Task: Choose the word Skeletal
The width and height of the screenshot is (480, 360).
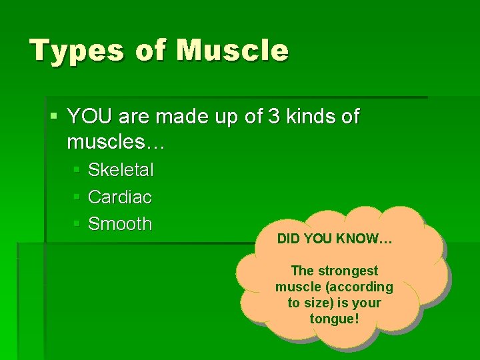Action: point(121,171)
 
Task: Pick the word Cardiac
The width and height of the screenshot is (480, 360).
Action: point(120,197)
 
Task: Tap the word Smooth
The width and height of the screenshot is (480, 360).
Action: point(120,224)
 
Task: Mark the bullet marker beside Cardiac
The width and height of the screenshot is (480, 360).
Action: point(77,198)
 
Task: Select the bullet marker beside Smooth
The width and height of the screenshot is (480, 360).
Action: point(77,225)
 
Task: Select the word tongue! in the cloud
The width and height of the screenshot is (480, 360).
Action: point(334,319)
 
